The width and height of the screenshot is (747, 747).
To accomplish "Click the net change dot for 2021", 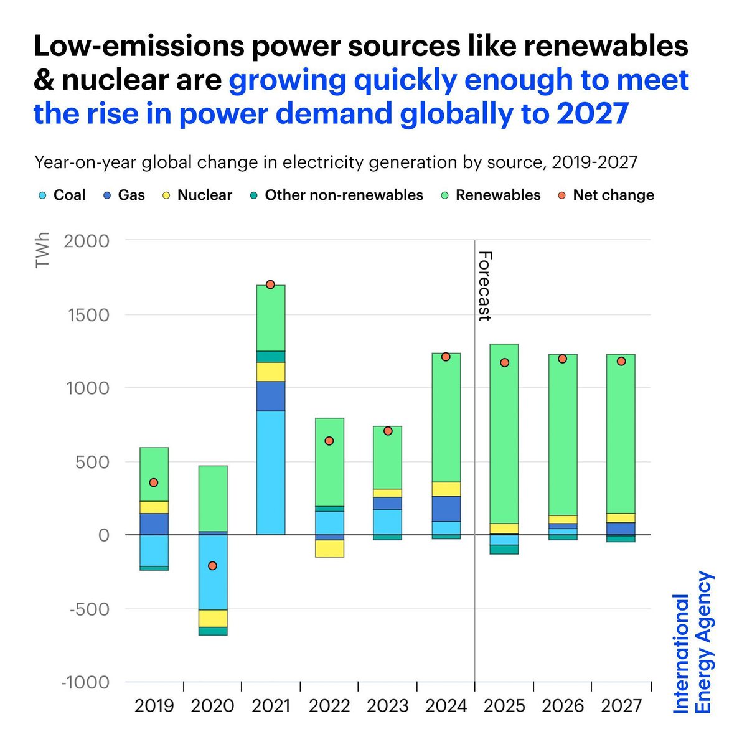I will click(x=270, y=284).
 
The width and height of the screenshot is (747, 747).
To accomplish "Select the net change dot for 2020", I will click(x=212, y=566).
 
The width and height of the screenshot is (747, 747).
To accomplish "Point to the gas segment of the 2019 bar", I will click(x=154, y=524).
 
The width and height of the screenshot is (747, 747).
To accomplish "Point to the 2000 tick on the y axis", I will click(x=86, y=240).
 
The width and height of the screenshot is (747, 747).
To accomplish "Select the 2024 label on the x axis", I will click(x=446, y=706).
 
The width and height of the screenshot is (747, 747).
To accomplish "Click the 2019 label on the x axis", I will click(x=154, y=706).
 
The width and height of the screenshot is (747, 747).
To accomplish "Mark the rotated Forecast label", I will click(x=485, y=286).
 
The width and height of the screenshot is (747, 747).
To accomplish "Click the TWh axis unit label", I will click(x=42, y=250).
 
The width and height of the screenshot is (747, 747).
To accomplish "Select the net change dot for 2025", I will click(x=504, y=363).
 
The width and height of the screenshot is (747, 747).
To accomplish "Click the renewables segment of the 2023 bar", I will click(x=387, y=457).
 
